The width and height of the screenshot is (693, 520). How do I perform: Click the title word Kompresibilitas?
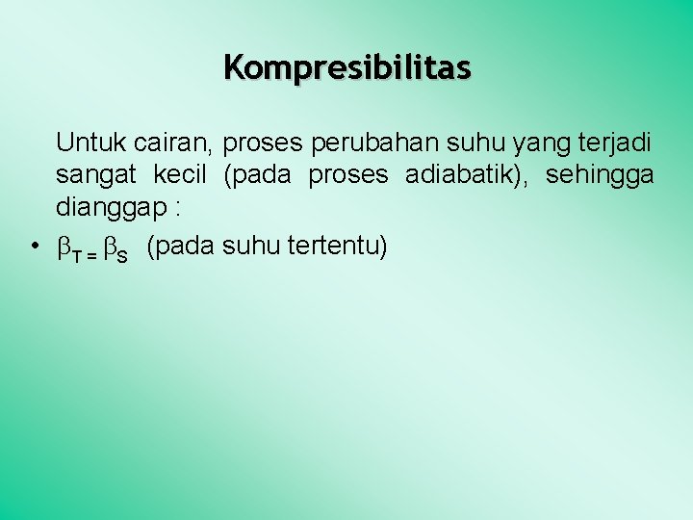[x=347, y=68]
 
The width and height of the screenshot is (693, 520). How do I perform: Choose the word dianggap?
[x=115, y=206]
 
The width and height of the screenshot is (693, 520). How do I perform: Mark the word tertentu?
[x=336, y=247]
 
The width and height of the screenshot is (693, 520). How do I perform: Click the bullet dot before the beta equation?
[x=34, y=247]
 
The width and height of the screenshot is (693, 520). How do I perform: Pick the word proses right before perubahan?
[x=262, y=144]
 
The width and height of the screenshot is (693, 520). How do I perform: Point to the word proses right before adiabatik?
[x=348, y=175]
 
